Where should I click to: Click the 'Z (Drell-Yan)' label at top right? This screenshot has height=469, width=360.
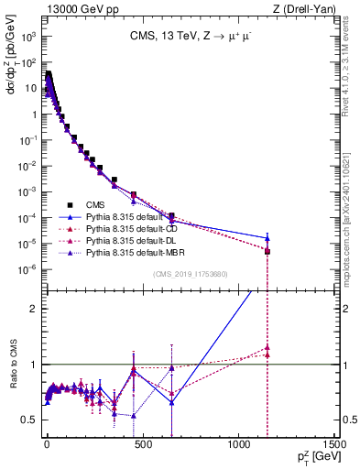click(x=304, y=10)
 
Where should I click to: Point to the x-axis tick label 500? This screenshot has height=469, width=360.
click(x=142, y=443)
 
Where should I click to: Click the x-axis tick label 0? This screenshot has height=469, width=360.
click(x=47, y=443)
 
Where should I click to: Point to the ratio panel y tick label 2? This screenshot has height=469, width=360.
click(x=33, y=309)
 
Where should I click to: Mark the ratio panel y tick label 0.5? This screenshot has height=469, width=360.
click(x=30, y=420)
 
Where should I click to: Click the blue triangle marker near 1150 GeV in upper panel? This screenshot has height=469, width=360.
click(x=267, y=238)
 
